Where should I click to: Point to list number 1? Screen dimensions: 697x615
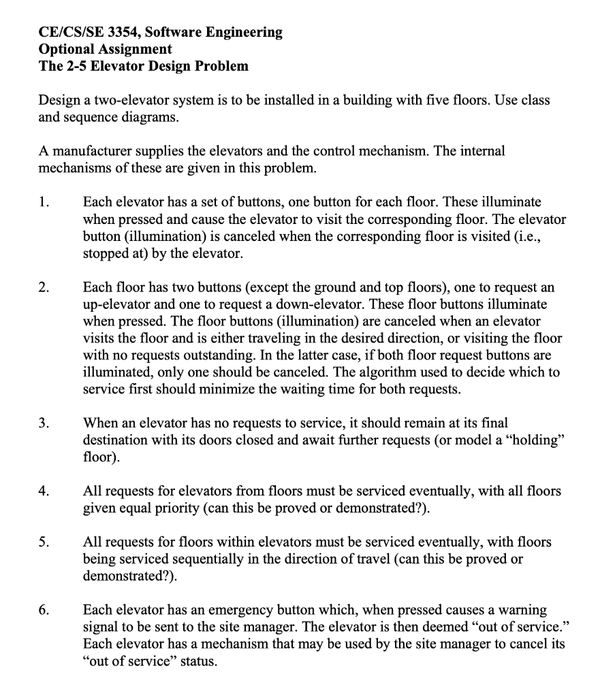click(x=44, y=201)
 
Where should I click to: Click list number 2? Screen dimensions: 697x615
click(x=44, y=286)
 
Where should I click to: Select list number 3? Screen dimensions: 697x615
click(x=44, y=423)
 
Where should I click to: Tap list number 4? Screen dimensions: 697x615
click(x=44, y=490)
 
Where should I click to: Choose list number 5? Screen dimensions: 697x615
click(x=44, y=542)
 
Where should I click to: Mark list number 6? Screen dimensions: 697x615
click(x=44, y=610)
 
